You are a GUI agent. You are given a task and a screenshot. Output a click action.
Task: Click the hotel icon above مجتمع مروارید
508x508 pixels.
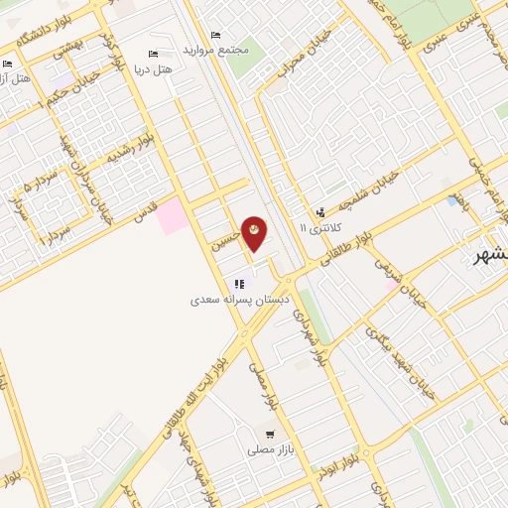tap(214, 34)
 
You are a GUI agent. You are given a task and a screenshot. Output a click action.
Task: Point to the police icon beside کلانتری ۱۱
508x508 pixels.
tap(319, 211)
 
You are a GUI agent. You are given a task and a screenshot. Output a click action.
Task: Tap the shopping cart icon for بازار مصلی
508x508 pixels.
tap(269, 435)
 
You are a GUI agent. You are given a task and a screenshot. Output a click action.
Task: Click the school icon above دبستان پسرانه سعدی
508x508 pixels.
tap(238, 284)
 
